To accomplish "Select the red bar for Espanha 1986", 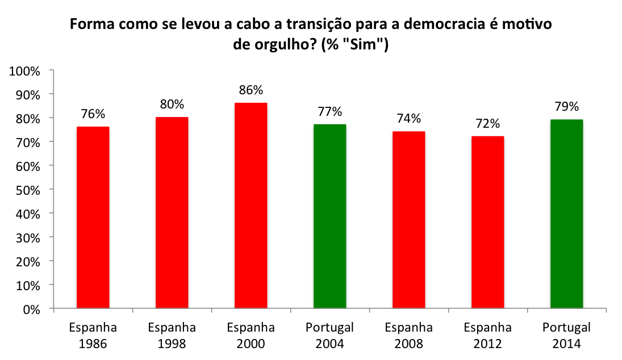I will (x=93, y=218).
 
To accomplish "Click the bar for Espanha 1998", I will (x=172, y=213).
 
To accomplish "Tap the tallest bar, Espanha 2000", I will (x=251, y=206).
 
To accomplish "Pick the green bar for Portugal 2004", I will (x=329, y=217).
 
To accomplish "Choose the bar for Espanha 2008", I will (x=408, y=220).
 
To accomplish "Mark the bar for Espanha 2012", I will (x=487, y=223).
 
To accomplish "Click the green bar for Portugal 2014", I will (x=566, y=215).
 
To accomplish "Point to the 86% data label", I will (x=251, y=90).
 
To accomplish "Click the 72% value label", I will (x=487, y=123).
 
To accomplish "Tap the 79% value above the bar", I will (x=566, y=106).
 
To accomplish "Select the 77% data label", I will (x=329, y=111).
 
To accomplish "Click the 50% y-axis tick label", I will (x=27, y=190).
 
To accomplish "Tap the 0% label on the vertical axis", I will (x=32, y=309).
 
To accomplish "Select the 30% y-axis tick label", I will (x=27, y=237).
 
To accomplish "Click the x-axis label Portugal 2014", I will (x=566, y=336).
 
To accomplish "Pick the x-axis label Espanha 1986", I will (x=93, y=336).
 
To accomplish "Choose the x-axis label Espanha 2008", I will (x=408, y=336).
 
